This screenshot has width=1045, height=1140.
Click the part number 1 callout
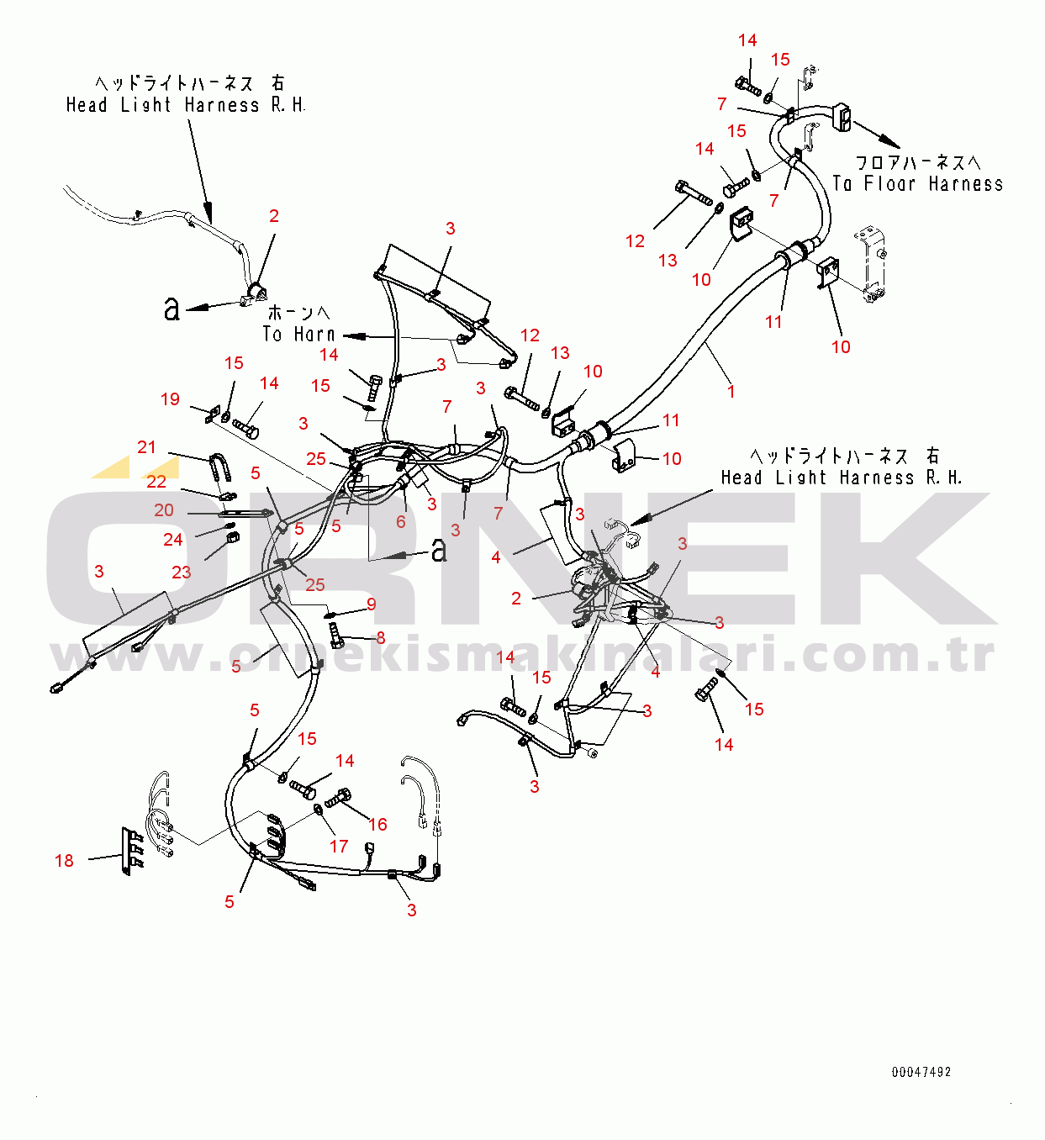pos(731,392)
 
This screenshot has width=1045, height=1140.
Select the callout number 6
pos(401,522)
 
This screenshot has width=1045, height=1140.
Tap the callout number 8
pos(381,638)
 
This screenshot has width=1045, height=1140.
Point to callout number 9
pos(372,604)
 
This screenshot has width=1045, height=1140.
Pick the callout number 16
pos(378,825)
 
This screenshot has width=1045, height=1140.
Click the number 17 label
pos(339,847)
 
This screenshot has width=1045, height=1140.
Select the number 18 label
pos(64,861)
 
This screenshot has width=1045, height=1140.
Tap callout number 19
pos(170,399)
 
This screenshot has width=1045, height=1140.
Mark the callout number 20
pos(164,510)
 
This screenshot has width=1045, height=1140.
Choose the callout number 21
pos(147,447)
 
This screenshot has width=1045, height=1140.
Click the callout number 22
pos(157,482)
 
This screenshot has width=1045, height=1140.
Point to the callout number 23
pos(182,573)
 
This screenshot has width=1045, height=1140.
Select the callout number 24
pos(173,540)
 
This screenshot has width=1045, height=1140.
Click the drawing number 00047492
pos(921,1072)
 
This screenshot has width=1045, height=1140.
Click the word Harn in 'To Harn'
pos(314,335)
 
